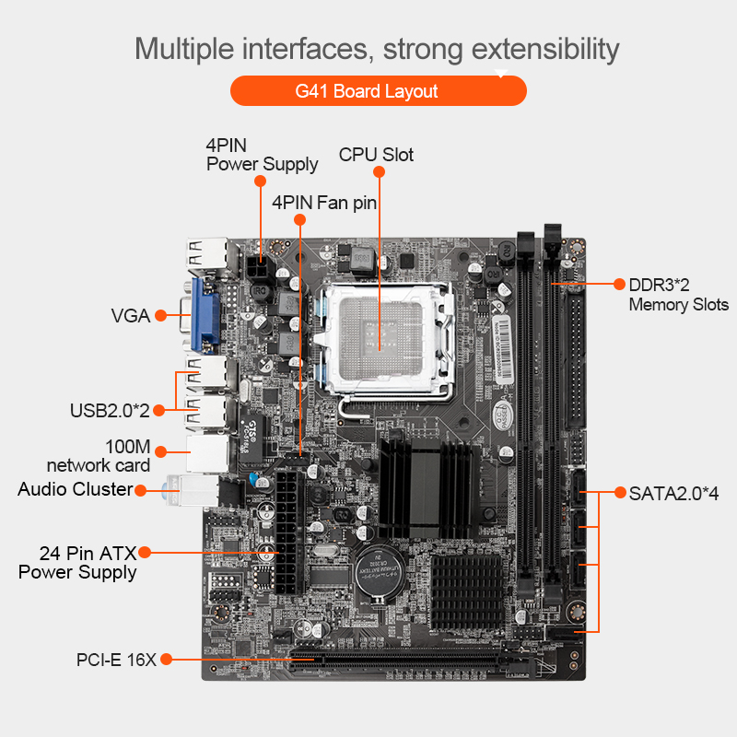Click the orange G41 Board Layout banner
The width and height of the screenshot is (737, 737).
click(379, 90)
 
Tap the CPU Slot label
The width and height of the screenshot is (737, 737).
click(376, 155)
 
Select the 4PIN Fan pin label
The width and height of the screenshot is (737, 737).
click(324, 203)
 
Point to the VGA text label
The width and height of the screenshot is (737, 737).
click(131, 316)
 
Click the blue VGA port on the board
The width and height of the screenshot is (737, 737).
click(205, 315)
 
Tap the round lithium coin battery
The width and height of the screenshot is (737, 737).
click(380, 574)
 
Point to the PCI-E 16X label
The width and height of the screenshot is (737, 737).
click(116, 660)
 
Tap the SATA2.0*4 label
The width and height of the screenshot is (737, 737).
click(673, 494)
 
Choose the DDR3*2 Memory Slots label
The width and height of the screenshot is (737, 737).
click(679, 295)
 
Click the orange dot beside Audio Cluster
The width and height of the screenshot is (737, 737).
click(141, 491)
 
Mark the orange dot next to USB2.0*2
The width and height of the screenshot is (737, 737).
click(159, 410)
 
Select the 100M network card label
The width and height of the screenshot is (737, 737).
click(99, 456)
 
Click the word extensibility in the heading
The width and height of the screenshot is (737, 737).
click(545, 50)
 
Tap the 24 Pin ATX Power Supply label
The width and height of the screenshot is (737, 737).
click(77, 563)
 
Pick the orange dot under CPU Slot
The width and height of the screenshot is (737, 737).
click(379, 172)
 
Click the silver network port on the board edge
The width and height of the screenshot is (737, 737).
click(207, 453)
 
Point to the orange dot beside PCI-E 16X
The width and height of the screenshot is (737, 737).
click(166, 660)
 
